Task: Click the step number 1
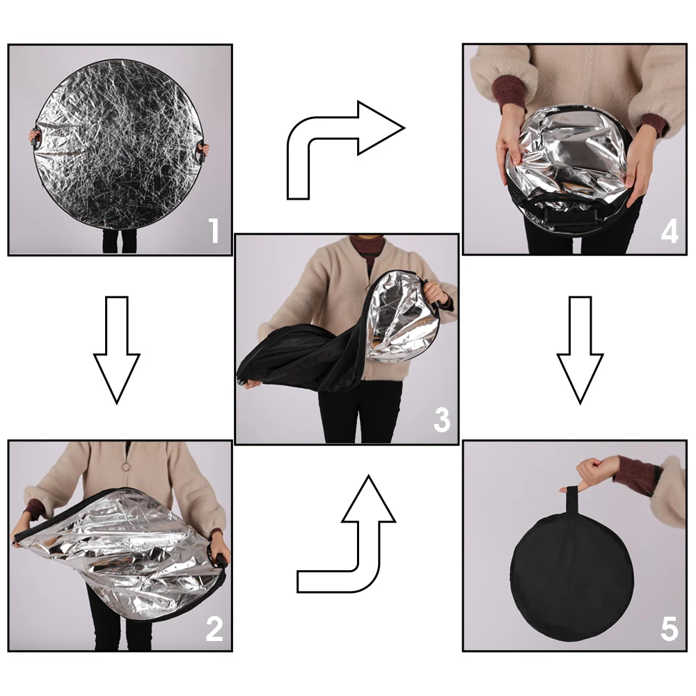pyautogui.click(x=215, y=231)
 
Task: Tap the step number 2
pyautogui.click(x=214, y=628)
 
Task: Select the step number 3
pyautogui.click(x=442, y=420)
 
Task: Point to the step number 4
pyautogui.click(x=670, y=231)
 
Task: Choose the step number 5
pyautogui.click(x=670, y=628)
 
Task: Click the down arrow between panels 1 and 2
pyautogui.click(x=117, y=350)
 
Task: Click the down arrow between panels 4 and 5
pyautogui.click(x=580, y=350)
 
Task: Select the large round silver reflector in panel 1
pyautogui.click(x=118, y=145)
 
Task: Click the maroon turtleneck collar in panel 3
pyautogui.click(x=366, y=248)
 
